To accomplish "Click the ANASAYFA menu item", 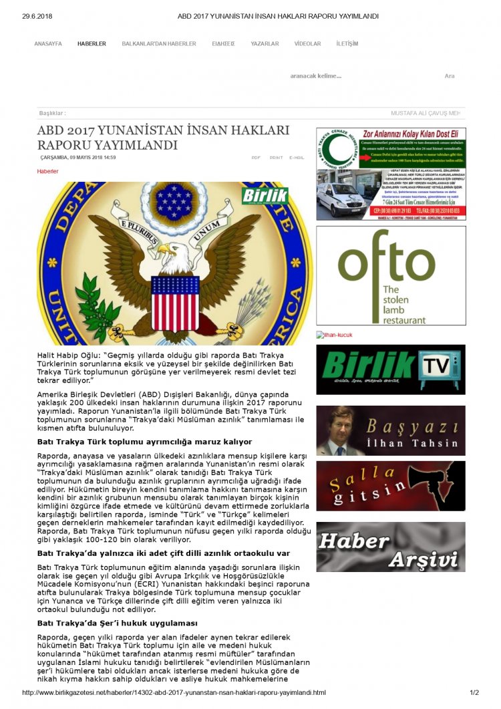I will [48, 43].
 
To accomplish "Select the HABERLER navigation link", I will [92, 43].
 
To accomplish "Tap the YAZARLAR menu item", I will [265, 43].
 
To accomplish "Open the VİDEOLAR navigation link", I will [307, 43].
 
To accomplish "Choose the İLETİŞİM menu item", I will [347, 43].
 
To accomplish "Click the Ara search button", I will [450, 76].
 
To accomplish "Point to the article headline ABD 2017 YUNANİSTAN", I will [163, 137].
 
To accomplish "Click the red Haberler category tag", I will [47, 171].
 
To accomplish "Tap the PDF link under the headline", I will [256, 158].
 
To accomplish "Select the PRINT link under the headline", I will [276, 158].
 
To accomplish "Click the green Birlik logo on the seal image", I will [275, 196].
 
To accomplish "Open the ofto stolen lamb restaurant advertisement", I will [391, 276].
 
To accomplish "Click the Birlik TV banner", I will [391, 370].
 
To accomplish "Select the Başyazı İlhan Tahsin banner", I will [391, 430].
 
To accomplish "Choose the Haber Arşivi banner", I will [391, 547].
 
